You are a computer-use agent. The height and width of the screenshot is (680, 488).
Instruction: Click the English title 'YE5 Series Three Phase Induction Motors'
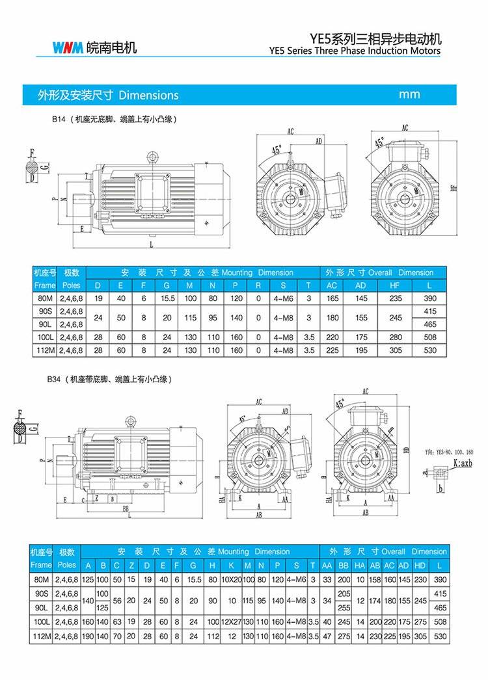[x=355, y=51]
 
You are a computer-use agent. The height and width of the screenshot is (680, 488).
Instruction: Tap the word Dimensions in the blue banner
[x=148, y=95]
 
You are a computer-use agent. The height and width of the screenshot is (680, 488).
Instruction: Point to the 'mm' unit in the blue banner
[x=409, y=94]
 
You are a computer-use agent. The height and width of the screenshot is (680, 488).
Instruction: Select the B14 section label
[x=59, y=120]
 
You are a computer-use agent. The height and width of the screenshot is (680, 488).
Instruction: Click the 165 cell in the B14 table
[x=332, y=298]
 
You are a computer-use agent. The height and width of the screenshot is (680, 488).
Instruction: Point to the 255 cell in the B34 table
[x=344, y=608]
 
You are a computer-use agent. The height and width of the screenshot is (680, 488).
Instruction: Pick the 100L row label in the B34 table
[x=41, y=622]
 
